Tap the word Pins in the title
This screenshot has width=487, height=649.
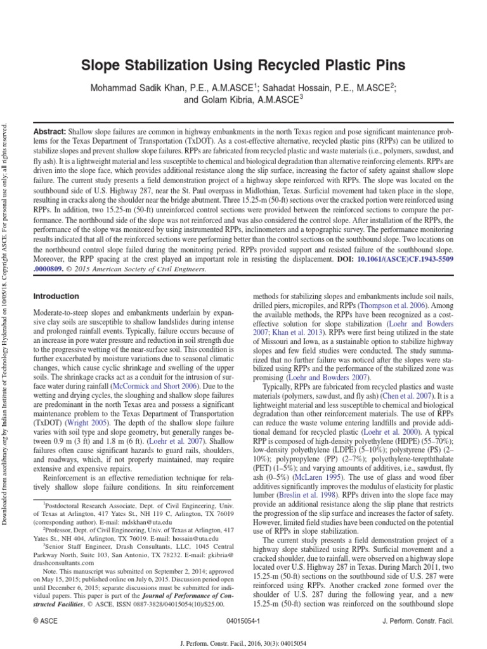coord(387,65)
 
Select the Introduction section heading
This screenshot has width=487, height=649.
coord(56,296)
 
